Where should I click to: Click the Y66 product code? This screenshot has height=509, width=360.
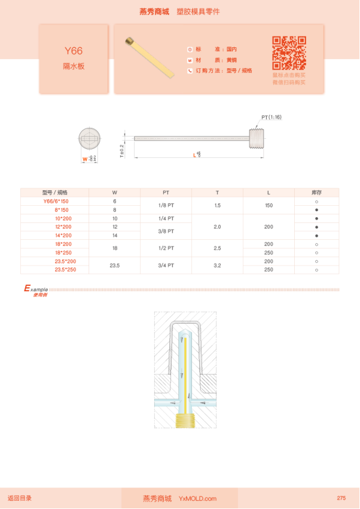[x=74, y=51]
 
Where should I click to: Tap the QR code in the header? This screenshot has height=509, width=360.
[x=289, y=53]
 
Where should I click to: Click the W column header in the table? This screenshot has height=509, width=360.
[x=114, y=193]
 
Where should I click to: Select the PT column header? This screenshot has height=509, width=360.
[x=166, y=193]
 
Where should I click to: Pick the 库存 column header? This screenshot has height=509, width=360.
[x=316, y=193]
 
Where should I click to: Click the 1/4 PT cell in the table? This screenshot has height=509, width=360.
[x=166, y=219]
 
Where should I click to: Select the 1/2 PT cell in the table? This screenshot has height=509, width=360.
[x=166, y=248]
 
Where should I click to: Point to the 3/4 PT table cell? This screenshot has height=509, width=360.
[x=166, y=266]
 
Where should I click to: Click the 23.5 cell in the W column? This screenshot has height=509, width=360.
[x=114, y=266]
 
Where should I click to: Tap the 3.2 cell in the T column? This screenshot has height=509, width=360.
[x=217, y=266]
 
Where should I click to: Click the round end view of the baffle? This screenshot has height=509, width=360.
[x=90, y=139]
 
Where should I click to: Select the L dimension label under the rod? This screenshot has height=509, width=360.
[x=197, y=155]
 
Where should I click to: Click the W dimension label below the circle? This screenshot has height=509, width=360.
[x=89, y=159]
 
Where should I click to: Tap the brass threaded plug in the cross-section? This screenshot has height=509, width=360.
[x=185, y=421]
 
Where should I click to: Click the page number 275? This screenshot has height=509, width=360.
[x=341, y=498]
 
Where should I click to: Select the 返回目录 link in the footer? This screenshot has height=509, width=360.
[x=20, y=498]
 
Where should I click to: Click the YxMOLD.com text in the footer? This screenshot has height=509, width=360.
[x=197, y=498]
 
